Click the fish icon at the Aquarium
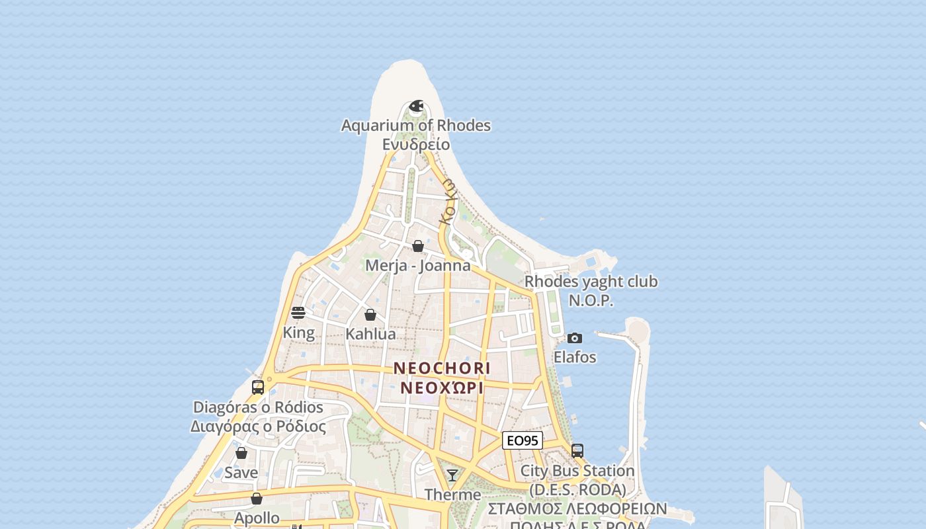click(x=416, y=106)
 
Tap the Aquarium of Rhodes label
click(x=416, y=126)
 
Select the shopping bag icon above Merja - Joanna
click(x=418, y=246)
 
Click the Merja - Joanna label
click(x=418, y=266)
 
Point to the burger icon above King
click(x=298, y=313)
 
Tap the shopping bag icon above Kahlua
click(x=370, y=314)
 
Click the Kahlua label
click(x=370, y=334)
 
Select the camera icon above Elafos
click(x=575, y=338)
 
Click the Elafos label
click(x=575, y=358)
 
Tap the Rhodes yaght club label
click(x=591, y=282)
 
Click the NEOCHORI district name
click(x=442, y=368)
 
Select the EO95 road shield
click(x=523, y=440)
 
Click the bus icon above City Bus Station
click(x=577, y=451)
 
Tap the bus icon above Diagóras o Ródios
click(x=258, y=387)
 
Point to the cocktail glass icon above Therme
click(x=452, y=475)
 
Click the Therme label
click(x=452, y=495)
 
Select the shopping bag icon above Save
click(x=241, y=453)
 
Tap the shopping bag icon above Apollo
click(x=257, y=499)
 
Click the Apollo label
click(x=257, y=518)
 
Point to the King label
click(x=298, y=333)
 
